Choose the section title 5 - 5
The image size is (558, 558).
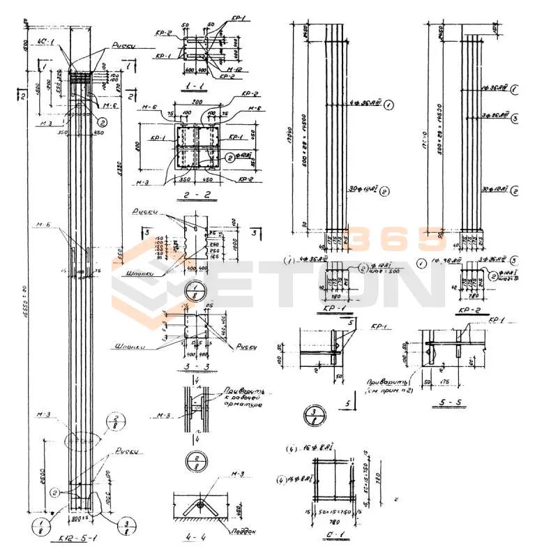coord(446,402)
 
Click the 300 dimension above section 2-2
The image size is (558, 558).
coord(193,101)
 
